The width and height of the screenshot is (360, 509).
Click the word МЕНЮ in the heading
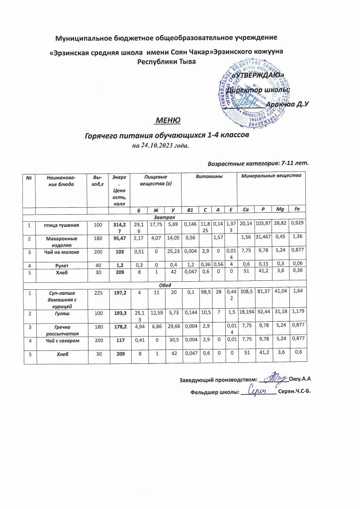coord(165,121)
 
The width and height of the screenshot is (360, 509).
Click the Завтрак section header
coord(164,217)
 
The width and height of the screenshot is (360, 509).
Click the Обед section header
coord(164,285)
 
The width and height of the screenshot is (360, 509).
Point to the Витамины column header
coord(208,176)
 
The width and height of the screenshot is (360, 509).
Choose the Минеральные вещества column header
coord(271,176)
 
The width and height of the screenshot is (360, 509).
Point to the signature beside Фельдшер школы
coord(265,392)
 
